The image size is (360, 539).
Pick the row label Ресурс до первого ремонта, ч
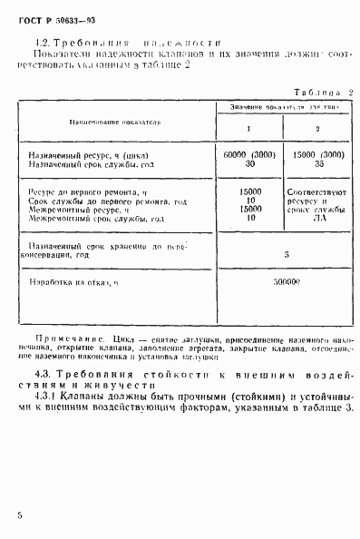coord(88,193)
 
